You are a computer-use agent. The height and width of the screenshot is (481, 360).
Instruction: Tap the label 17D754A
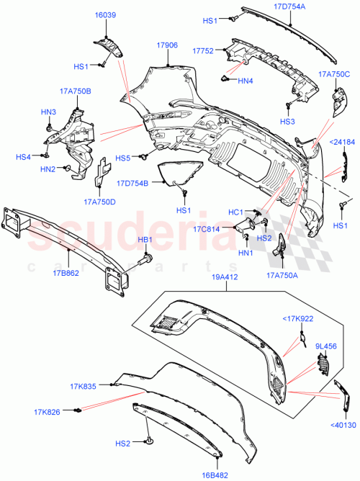pos(294,6)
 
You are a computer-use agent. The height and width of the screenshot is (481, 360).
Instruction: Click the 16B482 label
pos(215,475)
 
